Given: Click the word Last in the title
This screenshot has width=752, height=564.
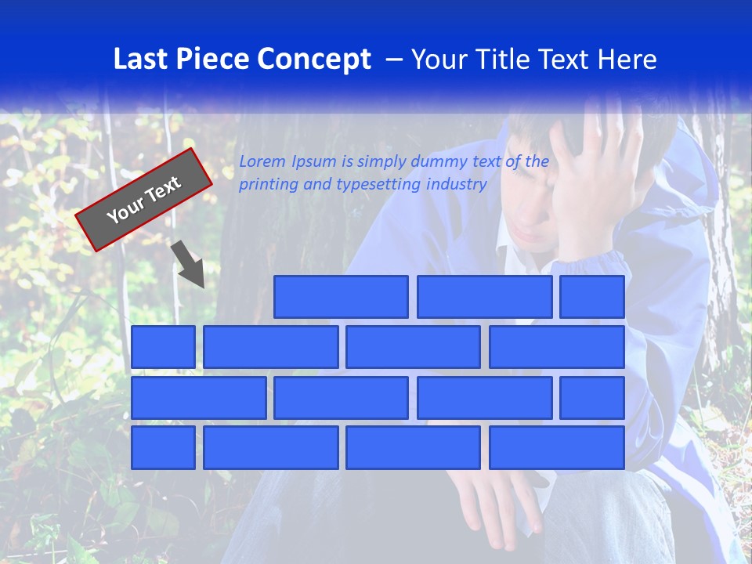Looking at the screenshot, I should pyautogui.click(x=141, y=59).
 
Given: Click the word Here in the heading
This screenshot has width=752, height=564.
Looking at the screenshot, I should pyautogui.click(x=627, y=59).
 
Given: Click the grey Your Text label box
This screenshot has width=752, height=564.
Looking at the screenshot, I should pyautogui.click(x=144, y=199).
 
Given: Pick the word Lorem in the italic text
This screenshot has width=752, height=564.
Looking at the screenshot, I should pyautogui.click(x=262, y=161).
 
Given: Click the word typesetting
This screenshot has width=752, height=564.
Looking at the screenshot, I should pyautogui.click(x=379, y=185).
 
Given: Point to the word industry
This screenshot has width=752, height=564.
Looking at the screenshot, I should pyautogui.click(x=457, y=185).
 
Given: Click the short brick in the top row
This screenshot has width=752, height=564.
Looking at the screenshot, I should pyautogui.click(x=592, y=297).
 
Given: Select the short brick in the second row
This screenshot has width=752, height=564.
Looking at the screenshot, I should pyautogui.click(x=163, y=347).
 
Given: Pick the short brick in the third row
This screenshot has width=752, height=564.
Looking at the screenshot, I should pyautogui.click(x=592, y=397).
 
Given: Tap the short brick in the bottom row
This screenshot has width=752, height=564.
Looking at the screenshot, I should pyautogui.click(x=163, y=447).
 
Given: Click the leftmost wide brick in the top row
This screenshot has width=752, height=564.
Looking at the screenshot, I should pyautogui.click(x=341, y=297).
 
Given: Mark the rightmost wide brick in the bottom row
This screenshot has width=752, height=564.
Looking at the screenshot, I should pyautogui.click(x=557, y=447).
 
